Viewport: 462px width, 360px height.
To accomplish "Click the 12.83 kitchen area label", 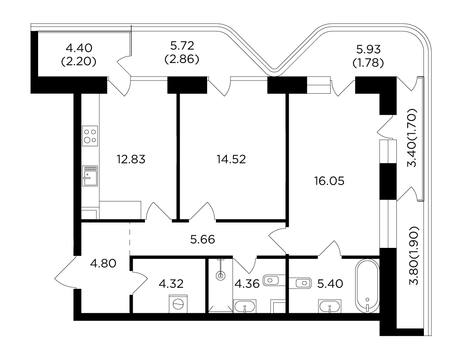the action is (x=131, y=159).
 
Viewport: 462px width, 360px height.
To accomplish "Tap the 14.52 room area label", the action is (x=231, y=159).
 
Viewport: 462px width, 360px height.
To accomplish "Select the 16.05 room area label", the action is (x=329, y=181).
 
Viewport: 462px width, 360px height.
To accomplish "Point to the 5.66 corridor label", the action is (x=202, y=240).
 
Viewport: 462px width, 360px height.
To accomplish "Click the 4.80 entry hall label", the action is (x=103, y=263).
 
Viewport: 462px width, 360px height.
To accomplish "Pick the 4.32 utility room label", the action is (x=171, y=284).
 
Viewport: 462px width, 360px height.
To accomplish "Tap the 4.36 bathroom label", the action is (x=247, y=284).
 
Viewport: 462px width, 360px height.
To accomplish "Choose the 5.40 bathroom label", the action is (x=330, y=284).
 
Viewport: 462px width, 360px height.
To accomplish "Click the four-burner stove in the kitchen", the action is (x=90, y=136).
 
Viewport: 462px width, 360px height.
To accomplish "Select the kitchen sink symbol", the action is (x=90, y=176).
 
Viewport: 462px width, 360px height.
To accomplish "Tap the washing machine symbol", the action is (x=178, y=304).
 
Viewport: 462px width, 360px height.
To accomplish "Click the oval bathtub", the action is (x=367, y=286).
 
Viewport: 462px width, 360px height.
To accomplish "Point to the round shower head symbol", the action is (x=220, y=276).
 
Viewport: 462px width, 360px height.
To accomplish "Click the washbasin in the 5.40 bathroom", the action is (x=330, y=307).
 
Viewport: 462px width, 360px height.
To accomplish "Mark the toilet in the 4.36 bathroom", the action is (x=274, y=280).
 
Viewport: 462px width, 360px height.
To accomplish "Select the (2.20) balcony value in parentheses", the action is (x=79, y=62).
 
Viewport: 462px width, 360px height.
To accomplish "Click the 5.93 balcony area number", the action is (x=368, y=49).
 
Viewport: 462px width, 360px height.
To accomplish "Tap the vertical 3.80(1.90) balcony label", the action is (x=414, y=256).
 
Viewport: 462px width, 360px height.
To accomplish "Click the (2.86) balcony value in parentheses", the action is (x=182, y=59).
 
